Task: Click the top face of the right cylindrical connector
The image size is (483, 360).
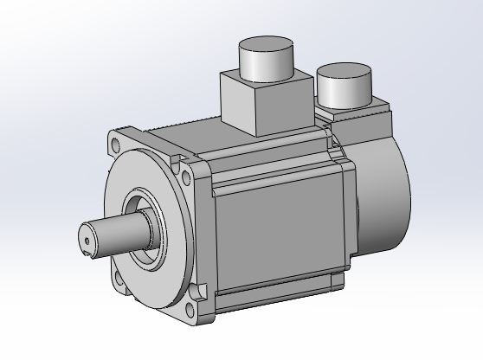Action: (x=345, y=73)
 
